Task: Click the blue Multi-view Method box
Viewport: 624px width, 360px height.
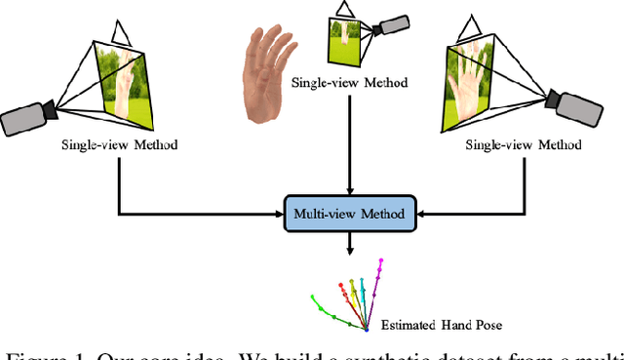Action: pyautogui.click(x=349, y=213)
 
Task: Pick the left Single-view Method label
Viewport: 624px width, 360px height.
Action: pyautogui.click(x=119, y=145)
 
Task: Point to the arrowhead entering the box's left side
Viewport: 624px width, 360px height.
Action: pyautogui.click(x=278, y=213)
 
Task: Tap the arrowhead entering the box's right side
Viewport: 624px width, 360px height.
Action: pyautogui.click(x=421, y=213)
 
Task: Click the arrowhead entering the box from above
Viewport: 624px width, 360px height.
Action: pyautogui.click(x=349, y=189)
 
